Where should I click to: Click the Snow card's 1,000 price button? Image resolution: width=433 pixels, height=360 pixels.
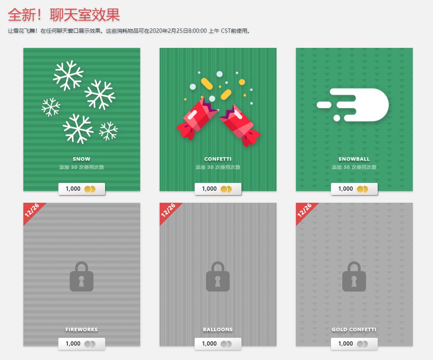click(x=82, y=189)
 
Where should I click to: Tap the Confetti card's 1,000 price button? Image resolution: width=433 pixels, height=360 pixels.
click(x=218, y=189)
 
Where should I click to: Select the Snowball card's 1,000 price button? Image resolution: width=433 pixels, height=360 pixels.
click(x=354, y=189)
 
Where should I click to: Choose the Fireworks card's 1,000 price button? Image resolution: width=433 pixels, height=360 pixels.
click(x=82, y=344)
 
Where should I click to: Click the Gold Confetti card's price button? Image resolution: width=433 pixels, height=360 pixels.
click(x=354, y=344)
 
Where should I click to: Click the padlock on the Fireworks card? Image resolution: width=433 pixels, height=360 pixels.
click(x=81, y=277)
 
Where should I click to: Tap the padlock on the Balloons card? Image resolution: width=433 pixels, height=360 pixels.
click(x=218, y=277)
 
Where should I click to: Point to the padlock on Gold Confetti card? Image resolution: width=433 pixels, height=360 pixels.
click(x=354, y=277)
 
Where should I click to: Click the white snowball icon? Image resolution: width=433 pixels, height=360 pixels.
click(x=353, y=105)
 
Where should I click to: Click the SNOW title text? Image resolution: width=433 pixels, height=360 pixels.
click(x=81, y=159)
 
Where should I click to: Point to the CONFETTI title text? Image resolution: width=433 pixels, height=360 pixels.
click(x=218, y=159)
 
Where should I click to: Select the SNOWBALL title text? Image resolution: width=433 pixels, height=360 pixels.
click(x=354, y=159)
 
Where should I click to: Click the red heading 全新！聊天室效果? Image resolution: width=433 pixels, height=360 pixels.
click(x=64, y=15)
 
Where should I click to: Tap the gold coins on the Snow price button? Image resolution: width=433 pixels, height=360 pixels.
click(x=90, y=189)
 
